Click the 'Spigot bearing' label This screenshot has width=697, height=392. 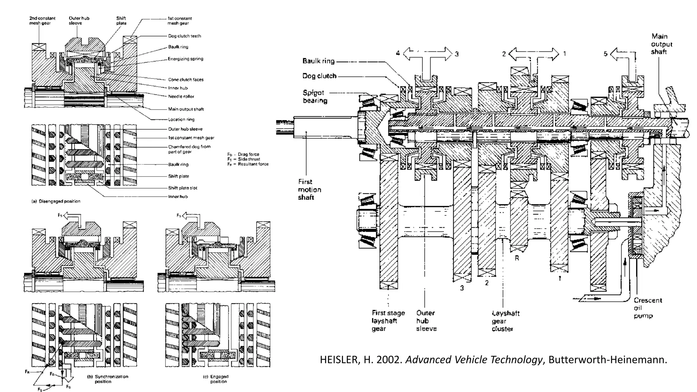pyautogui.click(x=315, y=97)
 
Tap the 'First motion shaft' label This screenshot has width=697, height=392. pyautogui.click(x=309, y=190)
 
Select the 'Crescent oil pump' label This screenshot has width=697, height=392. pyautogui.click(x=648, y=308)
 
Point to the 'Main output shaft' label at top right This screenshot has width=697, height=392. pyautogui.click(x=661, y=44)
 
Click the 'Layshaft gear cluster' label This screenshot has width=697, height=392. pyautogui.click(x=505, y=321)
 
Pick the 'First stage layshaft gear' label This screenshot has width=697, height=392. pyautogui.click(x=388, y=321)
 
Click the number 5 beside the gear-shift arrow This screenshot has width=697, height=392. pyautogui.click(x=605, y=54)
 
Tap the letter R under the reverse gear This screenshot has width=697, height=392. pyautogui.click(x=517, y=258)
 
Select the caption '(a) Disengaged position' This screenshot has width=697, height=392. pyautogui.click(x=56, y=201)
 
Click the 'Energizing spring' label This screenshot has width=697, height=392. pyautogui.click(x=185, y=59)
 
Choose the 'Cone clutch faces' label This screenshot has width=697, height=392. pyautogui.click(x=185, y=80)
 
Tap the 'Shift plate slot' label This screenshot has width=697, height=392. pyautogui.click(x=182, y=188)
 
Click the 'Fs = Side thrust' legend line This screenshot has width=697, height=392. pyautogui.click(x=244, y=159)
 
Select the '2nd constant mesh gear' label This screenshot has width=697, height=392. pyautogui.click(x=42, y=21)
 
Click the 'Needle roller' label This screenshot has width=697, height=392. pyautogui.click(x=181, y=96)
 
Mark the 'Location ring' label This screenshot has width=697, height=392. pyautogui.click(x=181, y=119)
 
